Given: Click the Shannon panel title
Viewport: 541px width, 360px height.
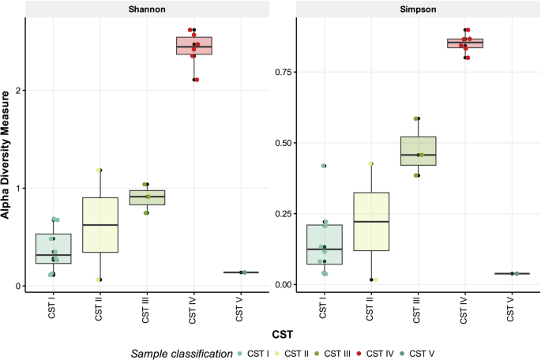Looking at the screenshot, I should [148, 9].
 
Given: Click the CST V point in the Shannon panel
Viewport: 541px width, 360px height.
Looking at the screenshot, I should [244, 272].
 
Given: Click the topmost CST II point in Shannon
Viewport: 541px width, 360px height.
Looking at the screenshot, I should [100, 170].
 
